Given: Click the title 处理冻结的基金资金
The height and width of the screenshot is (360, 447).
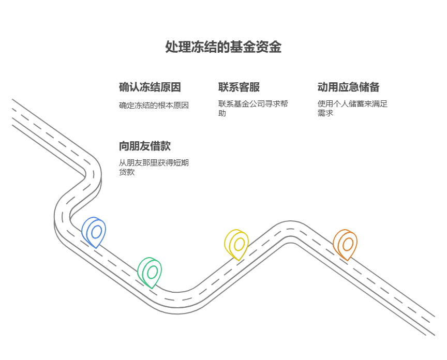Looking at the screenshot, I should tap(223, 47).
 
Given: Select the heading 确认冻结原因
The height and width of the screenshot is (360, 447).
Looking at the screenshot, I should tap(150, 87).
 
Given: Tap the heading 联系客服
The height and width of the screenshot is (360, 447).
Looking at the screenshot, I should tap(239, 87).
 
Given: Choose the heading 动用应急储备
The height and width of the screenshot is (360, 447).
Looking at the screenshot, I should tap(348, 87).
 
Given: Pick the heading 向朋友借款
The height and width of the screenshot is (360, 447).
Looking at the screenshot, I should tap(144, 146).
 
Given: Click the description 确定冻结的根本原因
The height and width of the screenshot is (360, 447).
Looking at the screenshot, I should tap(154, 106).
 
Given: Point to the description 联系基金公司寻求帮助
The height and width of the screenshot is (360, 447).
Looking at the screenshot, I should tap(253, 108).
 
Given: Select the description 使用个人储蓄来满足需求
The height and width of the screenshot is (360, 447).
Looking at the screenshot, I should tap(352, 108).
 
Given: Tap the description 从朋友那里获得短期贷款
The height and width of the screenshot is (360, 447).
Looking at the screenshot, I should tap(154, 167).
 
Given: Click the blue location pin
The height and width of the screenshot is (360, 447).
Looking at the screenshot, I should tap(94, 231).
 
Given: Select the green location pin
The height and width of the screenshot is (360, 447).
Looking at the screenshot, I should tap(150, 272).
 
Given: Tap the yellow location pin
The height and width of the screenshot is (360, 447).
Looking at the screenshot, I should tap(237, 244).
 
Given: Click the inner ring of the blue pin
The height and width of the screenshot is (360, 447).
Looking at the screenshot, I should tap(96, 232).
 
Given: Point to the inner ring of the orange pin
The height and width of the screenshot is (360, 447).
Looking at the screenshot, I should tap(348, 244).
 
